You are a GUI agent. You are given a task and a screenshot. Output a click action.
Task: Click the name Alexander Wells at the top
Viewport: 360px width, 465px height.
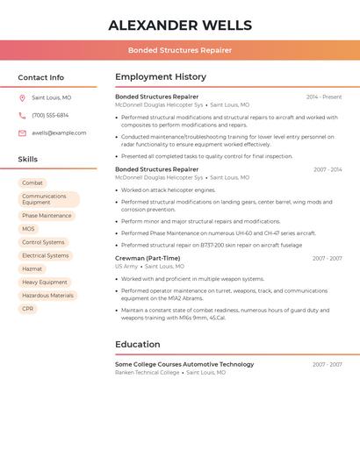[x=180, y=25]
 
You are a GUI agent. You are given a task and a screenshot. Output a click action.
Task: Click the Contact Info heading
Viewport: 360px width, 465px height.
[x=41, y=77]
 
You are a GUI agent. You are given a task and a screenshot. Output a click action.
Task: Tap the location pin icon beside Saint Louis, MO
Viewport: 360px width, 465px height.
[x=22, y=98]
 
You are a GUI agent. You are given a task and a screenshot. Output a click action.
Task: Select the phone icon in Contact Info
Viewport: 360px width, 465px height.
[x=22, y=116]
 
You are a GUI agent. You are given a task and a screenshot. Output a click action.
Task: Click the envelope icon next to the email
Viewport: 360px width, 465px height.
[x=22, y=133]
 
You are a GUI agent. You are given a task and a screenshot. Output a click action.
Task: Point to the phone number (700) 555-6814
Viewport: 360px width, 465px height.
[x=50, y=116]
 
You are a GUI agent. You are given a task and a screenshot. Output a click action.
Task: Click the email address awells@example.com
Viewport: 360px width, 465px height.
[x=59, y=133]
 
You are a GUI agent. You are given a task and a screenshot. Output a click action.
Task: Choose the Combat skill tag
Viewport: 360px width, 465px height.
[x=32, y=183]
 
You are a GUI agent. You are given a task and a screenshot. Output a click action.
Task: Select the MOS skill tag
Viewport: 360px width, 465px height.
[x=29, y=229]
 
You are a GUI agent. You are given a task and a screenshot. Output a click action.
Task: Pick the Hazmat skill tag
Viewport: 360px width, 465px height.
[x=32, y=269]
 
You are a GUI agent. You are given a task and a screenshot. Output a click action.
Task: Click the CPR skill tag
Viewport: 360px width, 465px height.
[x=28, y=309]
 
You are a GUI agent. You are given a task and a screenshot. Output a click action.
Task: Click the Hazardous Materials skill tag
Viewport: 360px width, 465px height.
[x=47, y=296]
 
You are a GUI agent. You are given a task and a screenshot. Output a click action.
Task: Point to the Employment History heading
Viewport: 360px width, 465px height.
[x=161, y=77]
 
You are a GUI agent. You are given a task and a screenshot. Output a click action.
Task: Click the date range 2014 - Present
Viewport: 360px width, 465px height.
[x=324, y=97]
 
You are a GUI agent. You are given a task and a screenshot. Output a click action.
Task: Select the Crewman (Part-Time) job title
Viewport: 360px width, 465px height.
[x=148, y=259]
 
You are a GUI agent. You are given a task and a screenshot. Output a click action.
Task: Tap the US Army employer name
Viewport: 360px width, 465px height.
[x=126, y=267]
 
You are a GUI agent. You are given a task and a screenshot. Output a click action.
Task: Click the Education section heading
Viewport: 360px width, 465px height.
[x=137, y=345]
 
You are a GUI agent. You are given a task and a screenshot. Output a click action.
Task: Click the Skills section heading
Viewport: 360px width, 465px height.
[x=28, y=160]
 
